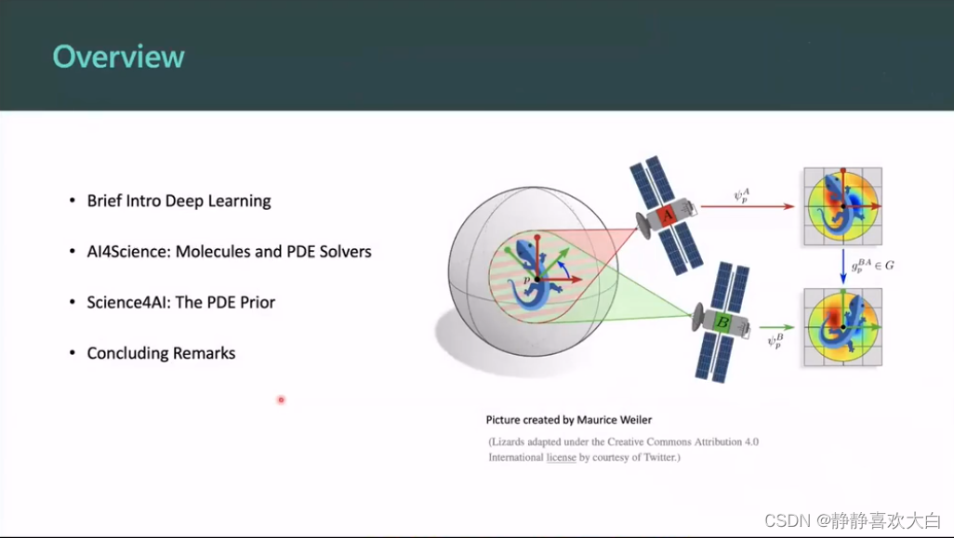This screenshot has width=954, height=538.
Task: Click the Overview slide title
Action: pos(118,57)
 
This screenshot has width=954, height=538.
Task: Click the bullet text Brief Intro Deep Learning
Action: pos(179,201)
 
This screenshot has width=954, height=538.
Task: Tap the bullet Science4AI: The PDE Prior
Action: pos(180,302)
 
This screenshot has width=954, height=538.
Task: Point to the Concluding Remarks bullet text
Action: pos(161,353)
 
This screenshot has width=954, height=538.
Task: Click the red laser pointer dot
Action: pos(281,400)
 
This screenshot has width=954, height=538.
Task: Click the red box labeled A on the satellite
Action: pos(666,216)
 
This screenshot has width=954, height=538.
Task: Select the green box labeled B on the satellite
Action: pos(722,323)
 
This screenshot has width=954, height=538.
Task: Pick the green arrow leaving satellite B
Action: pos(776,327)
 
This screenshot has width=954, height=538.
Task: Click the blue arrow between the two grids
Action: pos(843,266)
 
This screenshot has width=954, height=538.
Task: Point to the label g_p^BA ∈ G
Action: pos(873,266)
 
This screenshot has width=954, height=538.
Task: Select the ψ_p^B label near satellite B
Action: pos(774,342)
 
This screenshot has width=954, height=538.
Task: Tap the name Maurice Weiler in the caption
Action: pos(615,420)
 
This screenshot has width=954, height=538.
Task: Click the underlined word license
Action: pos(561,457)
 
